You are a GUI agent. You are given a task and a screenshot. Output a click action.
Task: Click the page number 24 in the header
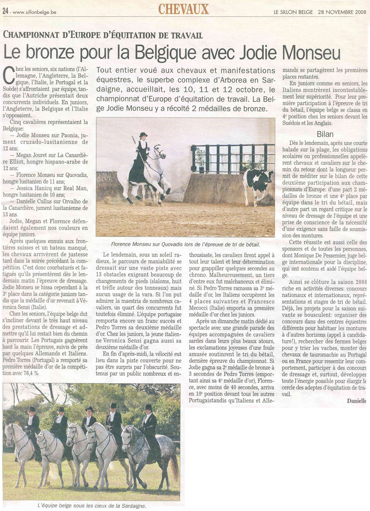5,11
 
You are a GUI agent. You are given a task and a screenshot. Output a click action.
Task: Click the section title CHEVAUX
184,9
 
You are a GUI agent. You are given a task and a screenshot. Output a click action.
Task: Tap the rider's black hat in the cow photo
143,135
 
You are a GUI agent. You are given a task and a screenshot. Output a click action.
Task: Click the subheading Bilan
325,134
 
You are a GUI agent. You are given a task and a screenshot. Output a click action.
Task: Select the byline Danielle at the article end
357,401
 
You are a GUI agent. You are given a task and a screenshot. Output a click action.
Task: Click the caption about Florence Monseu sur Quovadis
185,244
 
